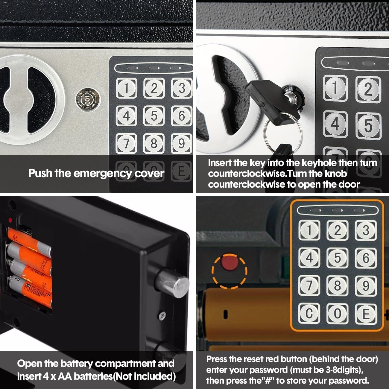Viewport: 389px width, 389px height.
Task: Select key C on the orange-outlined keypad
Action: [x=309, y=314]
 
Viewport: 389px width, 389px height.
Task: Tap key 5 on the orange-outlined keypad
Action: [x=337, y=258]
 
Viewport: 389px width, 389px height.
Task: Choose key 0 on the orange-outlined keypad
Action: [x=337, y=314]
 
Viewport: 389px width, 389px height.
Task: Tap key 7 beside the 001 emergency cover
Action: [x=126, y=143]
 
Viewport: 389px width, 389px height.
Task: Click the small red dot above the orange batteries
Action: [x=10, y=220]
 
